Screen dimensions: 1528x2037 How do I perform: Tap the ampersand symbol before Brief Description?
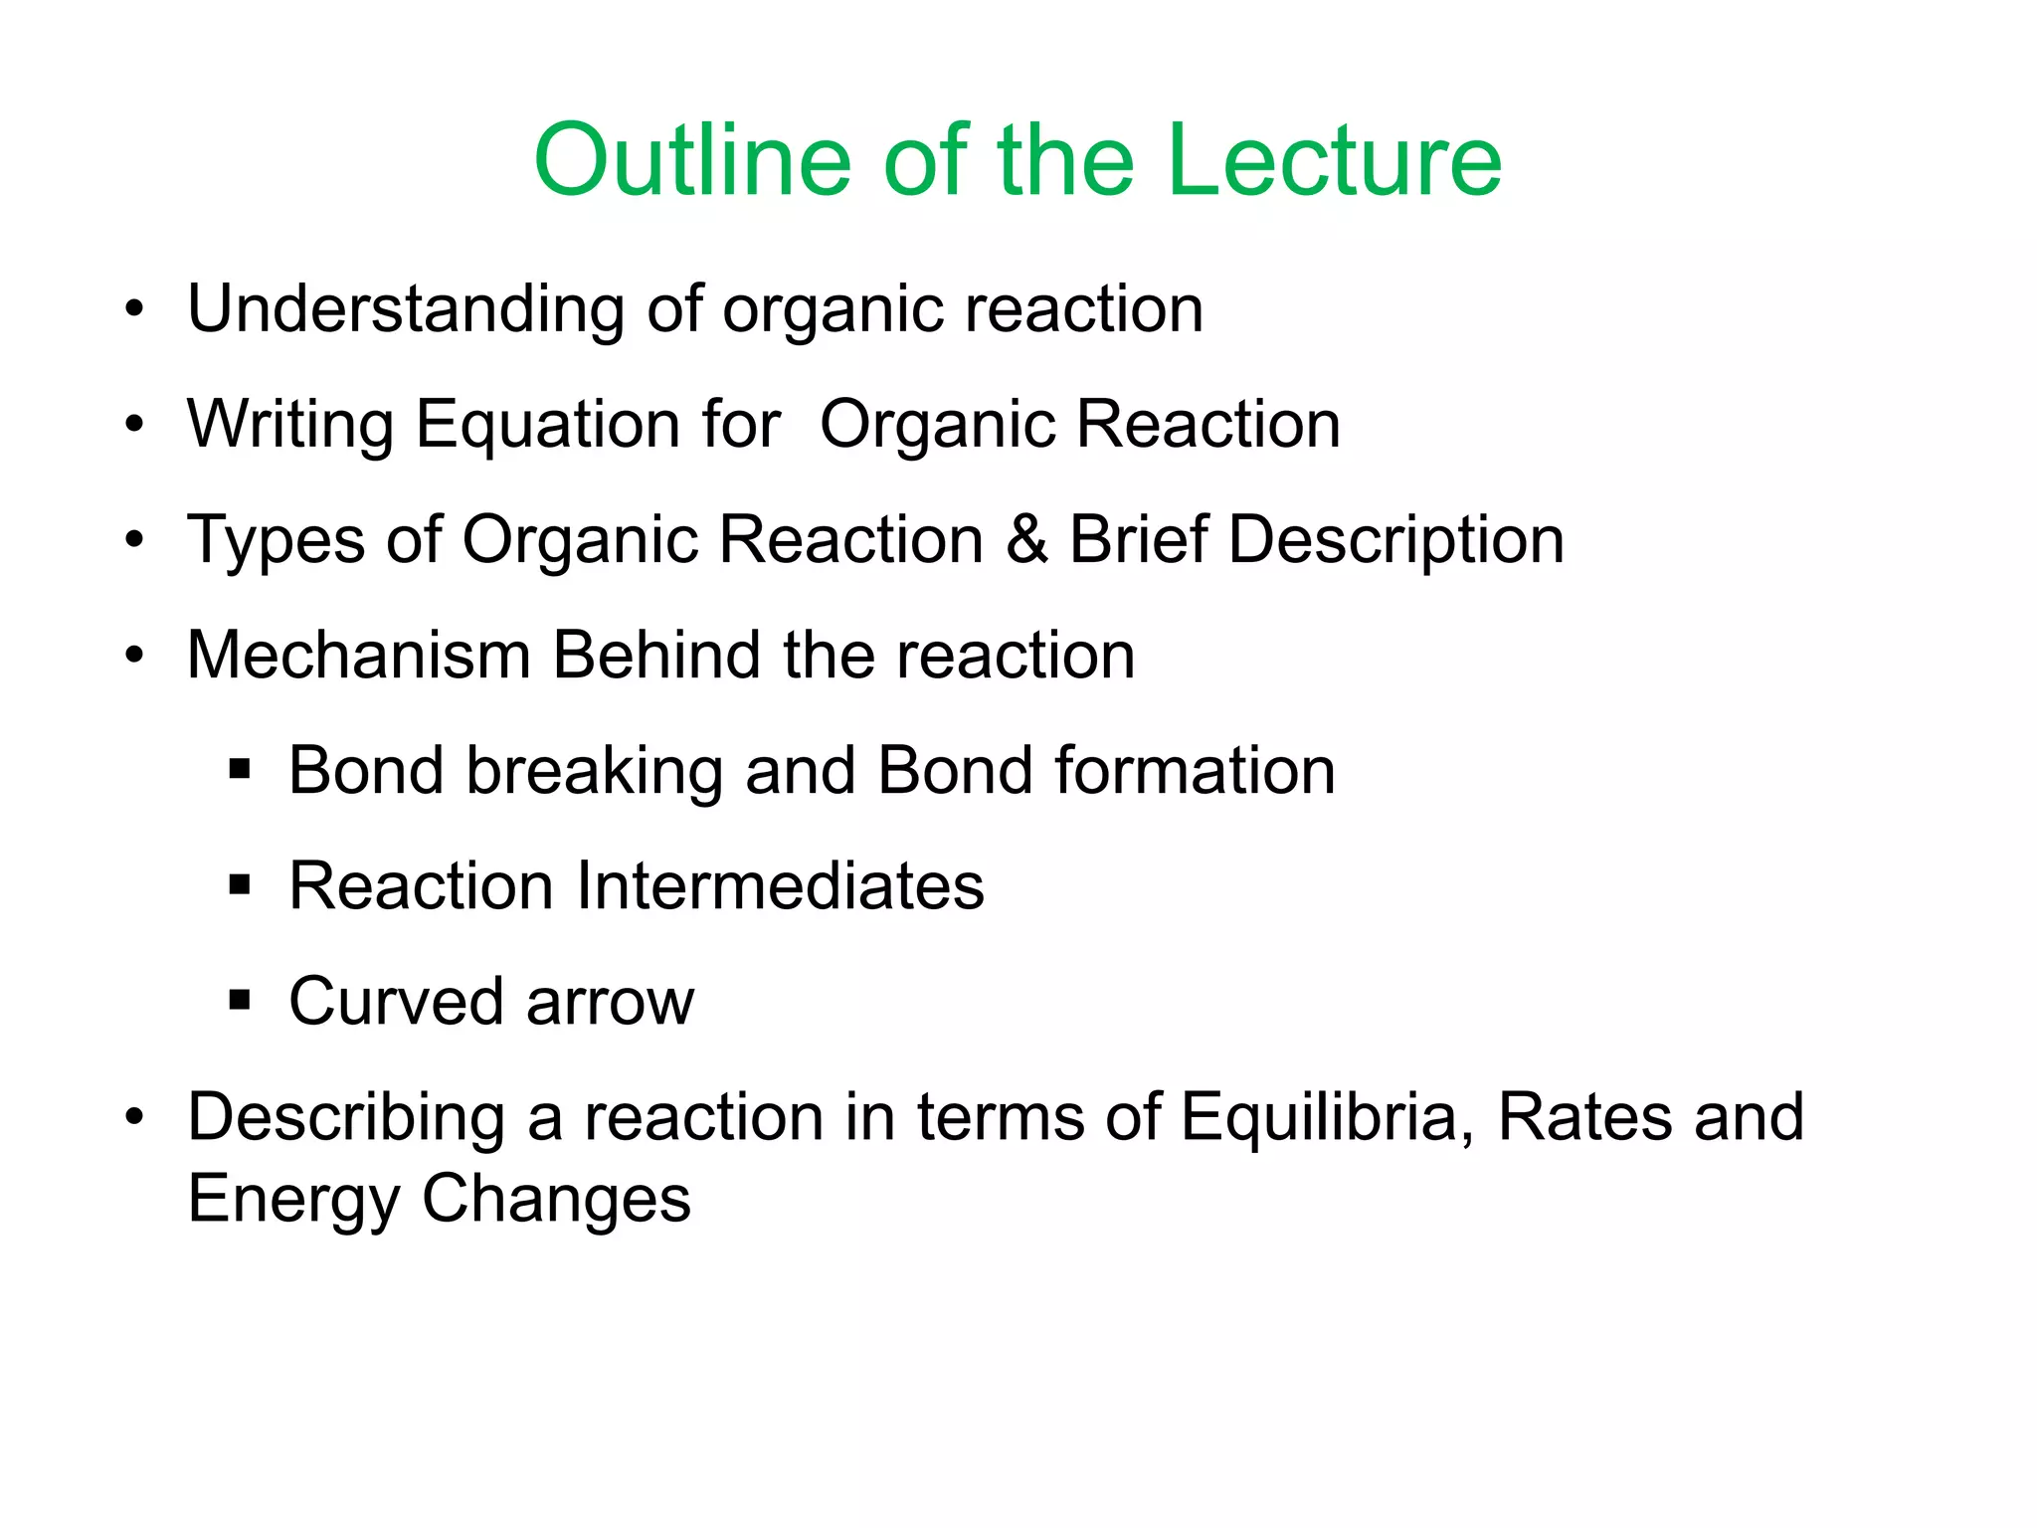point(1026,540)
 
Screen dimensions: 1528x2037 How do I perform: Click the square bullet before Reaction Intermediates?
point(239,884)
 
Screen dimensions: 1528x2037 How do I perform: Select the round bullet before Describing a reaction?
point(134,1116)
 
